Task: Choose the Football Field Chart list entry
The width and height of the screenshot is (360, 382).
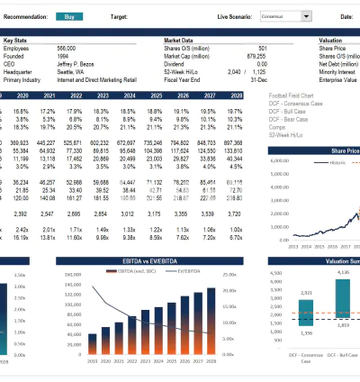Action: point(293,94)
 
